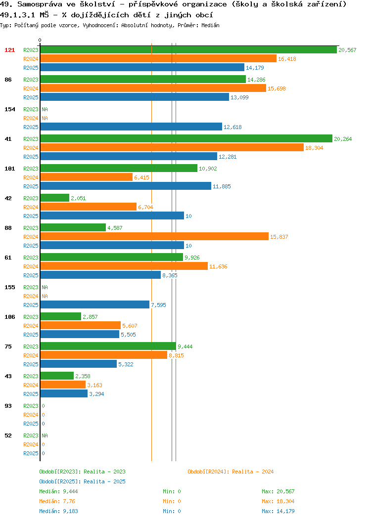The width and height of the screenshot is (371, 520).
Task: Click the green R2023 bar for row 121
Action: click(188, 50)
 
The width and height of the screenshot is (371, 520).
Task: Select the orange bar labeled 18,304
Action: click(172, 148)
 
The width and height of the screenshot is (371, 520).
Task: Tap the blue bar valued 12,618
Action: click(131, 127)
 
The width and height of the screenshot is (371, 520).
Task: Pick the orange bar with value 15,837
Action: click(154, 236)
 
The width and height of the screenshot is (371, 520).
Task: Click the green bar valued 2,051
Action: click(55, 198)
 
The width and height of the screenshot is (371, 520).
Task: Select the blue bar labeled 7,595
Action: click(95, 305)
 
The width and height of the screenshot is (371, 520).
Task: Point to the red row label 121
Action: click(9, 50)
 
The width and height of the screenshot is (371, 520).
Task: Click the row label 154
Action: click(9, 109)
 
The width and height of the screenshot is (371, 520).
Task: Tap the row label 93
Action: click(8, 406)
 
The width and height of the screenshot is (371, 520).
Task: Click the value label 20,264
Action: click(343, 139)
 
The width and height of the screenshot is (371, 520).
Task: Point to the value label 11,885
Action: click(222, 186)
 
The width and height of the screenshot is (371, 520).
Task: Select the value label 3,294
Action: click(96, 394)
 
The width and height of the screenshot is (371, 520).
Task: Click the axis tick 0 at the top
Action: click(40, 40)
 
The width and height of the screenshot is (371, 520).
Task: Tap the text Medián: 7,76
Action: click(57, 501)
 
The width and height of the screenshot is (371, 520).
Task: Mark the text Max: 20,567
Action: click(278, 491)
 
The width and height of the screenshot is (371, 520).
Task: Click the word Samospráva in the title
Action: click(40, 4)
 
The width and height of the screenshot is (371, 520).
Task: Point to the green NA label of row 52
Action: click(45, 435)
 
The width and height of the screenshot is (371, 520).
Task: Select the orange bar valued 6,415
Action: click(86, 177)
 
